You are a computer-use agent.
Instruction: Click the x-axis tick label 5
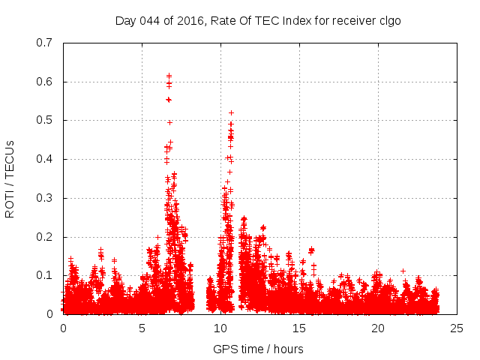[x=142, y=328]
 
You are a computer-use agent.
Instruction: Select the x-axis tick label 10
[x=220, y=328]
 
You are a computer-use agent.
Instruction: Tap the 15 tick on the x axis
[x=299, y=328]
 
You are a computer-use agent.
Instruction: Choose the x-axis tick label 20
[x=378, y=328]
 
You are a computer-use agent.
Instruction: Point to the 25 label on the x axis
[x=457, y=328]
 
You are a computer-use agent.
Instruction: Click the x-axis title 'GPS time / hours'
[x=259, y=349]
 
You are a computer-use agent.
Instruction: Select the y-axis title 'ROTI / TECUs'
[x=10, y=178]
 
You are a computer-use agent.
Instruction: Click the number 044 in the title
[x=154, y=20]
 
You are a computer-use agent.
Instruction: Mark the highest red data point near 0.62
[x=169, y=76]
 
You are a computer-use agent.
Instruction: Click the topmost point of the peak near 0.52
[x=231, y=112]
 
